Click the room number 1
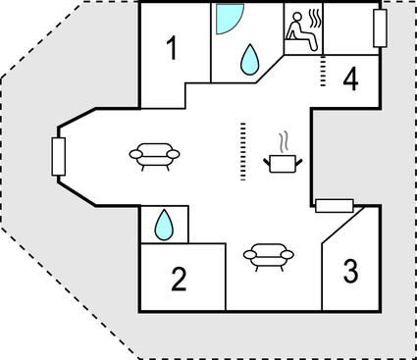click(172, 48)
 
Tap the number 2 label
click(179, 280)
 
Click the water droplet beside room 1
click(250, 60)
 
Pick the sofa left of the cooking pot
click(156, 154)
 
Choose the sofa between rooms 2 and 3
click(268, 255)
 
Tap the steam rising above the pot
click(285, 140)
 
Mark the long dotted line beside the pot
click(241, 151)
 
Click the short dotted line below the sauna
click(323, 71)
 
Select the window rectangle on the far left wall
click(58, 156)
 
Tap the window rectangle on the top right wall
click(382, 29)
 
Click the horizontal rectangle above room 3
click(334, 205)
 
